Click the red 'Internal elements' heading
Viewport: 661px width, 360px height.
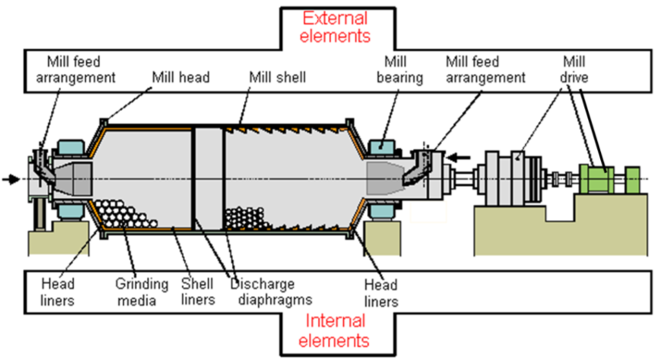[x=336, y=330]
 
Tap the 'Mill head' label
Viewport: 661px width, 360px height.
[x=181, y=78]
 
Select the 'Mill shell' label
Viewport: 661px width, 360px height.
[x=277, y=78]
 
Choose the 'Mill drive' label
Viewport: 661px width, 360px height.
[x=574, y=70]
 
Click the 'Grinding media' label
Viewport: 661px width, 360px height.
[x=141, y=292]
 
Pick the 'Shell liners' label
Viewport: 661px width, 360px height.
[x=197, y=292]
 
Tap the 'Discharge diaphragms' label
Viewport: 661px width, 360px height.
[x=271, y=292]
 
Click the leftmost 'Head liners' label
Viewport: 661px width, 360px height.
[x=57, y=292]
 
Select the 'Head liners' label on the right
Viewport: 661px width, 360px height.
[x=380, y=292]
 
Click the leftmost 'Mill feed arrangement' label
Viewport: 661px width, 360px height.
[x=81, y=70]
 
